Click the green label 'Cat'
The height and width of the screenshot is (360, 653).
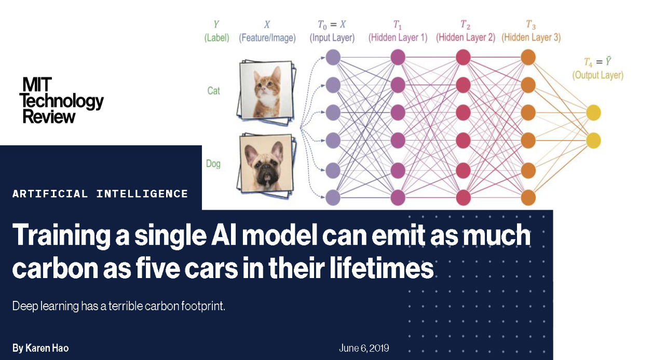pyautogui.click(x=213, y=91)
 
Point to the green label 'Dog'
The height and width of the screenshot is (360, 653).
pyautogui.click(x=213, y=164)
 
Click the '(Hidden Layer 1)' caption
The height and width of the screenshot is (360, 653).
pyautogui.click(x=398, y=38)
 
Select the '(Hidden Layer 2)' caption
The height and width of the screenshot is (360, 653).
pyautogui.click(x=465, y=38)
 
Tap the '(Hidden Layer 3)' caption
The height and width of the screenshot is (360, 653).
pyautogui.click(x=530, y=38)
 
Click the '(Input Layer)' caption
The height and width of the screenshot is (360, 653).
pyautogui.click(x=332, y=38)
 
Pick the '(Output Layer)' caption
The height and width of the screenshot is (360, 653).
pyautogui.click(x=597, y=76)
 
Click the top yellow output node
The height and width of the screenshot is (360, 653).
pyautogui.click(x=593, y=113)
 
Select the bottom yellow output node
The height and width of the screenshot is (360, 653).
pyautogui.click(x=593, y=140)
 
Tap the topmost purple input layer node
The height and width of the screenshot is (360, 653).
pyautogui.click(x=333, y=57)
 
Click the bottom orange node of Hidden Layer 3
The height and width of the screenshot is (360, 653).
pyautogui.click(x=528, y=197)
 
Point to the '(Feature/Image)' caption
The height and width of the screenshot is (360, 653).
pyautogui.click(x=267, y=38)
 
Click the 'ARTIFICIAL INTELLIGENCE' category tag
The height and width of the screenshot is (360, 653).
pyautogui.click(x=100, y=194)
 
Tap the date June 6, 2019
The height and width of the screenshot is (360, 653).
pyautogui.click(x=364, y=348)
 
